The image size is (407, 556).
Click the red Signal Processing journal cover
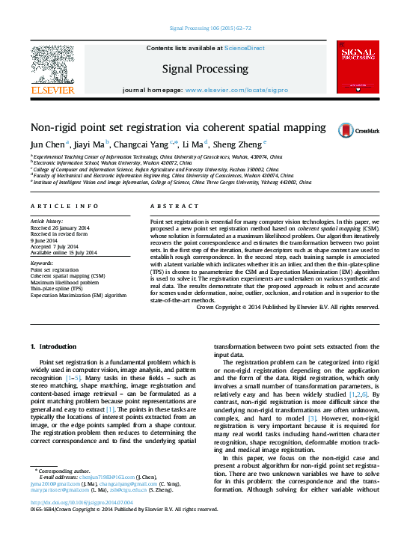[358, 68]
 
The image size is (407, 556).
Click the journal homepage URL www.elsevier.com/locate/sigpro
[236, 90]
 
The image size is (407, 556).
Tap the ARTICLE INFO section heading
[64, 205]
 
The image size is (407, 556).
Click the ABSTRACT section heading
[174, 205]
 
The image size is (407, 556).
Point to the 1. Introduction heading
[52, 347]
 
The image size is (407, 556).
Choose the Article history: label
[47, 222]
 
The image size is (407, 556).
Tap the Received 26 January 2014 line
[61, 227]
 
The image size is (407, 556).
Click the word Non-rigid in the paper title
[52, 128]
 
